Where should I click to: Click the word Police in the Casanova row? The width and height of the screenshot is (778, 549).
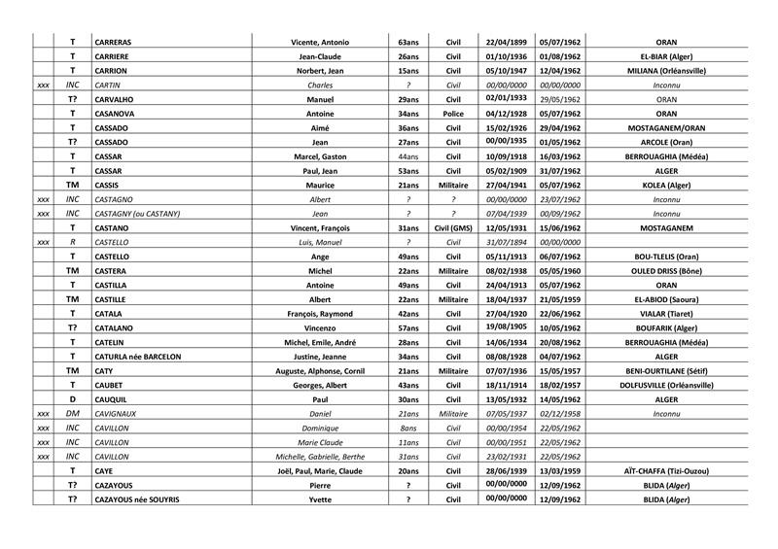pos(452,114)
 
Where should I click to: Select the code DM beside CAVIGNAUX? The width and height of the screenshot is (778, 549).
pos(72,413)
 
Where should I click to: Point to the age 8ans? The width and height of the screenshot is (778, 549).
pos(408,427)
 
